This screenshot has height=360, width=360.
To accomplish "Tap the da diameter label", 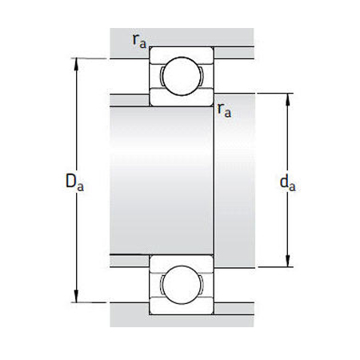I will point(288,183).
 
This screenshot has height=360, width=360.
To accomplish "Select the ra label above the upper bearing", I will point(141,40).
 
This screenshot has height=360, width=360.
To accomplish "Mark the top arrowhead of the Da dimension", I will point(78,63).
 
